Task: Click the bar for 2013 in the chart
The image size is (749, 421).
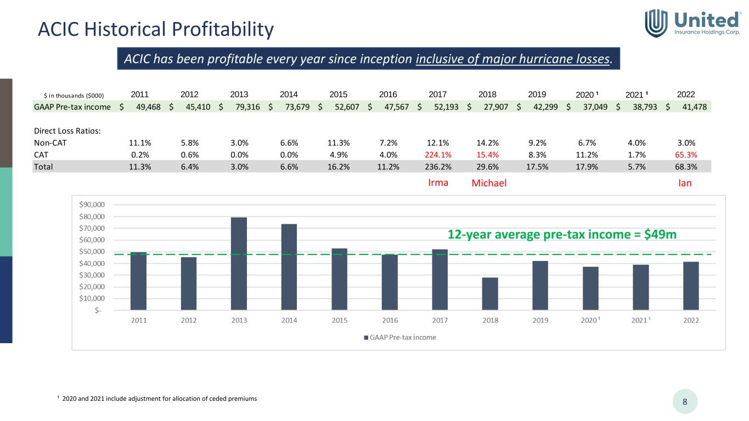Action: (x=239, y=263)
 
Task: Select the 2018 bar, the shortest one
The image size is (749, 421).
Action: (x=490, y=294)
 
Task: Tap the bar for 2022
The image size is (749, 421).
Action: (x=691, y=286)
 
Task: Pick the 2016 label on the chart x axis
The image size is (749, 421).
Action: (x=390, y=321)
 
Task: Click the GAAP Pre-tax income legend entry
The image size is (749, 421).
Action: (x=400, y=337)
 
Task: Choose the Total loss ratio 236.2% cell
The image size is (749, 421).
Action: (x=438, y=166)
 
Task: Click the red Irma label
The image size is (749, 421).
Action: (x=438, y=183)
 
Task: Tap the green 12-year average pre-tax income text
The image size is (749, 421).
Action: (x=562, y=234)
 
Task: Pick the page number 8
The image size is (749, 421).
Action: (x=685, y=402)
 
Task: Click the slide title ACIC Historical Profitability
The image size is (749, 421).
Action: (x=155, y=29)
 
